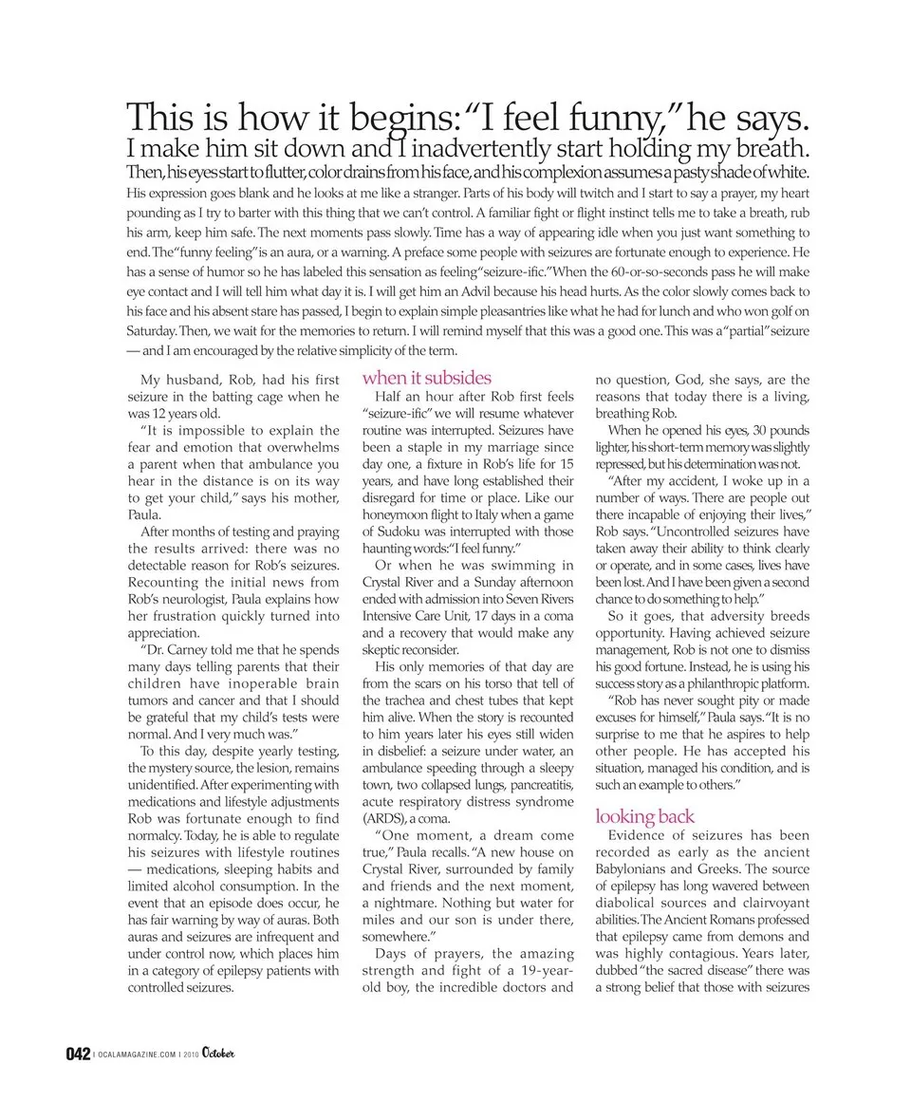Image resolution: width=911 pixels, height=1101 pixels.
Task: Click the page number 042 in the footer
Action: [x=78, y=1054]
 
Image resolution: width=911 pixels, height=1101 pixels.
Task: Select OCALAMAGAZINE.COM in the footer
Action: [x=136, y=1054]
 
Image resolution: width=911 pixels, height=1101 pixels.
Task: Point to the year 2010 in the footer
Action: [x=191, y=1054]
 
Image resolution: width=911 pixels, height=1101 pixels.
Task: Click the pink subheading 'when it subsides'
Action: [x=427, y=377]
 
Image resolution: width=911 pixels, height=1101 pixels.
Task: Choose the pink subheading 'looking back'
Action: [x=644, y=815]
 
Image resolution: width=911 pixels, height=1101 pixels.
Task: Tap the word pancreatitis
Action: [x=538, y=783]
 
